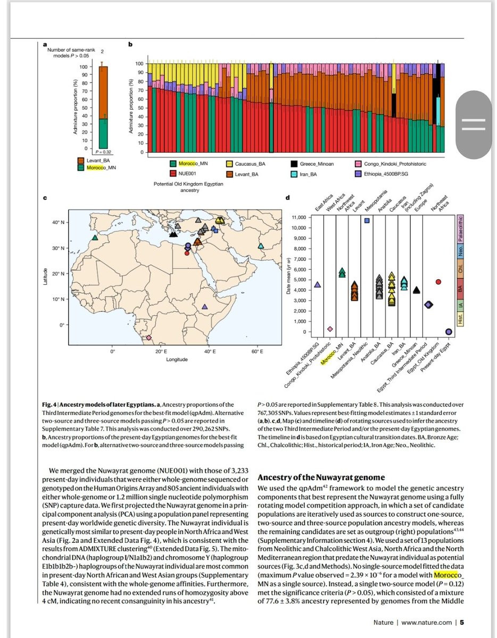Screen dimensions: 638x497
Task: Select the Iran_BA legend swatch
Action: point(294,174)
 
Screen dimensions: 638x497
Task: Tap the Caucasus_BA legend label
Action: point(247,164)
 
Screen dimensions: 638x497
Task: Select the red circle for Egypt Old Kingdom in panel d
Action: point(438,282)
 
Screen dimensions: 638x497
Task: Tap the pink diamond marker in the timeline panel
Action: point(329,329)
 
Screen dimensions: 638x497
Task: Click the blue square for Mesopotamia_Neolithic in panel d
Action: point(367,221)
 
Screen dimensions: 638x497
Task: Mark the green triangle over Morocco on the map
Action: point(95,238)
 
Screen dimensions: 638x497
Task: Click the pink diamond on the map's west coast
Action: point(149,338)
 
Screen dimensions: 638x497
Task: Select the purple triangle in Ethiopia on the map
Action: point(205,307)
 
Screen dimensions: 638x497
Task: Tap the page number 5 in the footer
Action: point(462,622)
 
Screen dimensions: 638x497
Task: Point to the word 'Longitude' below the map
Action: point(177,360)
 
